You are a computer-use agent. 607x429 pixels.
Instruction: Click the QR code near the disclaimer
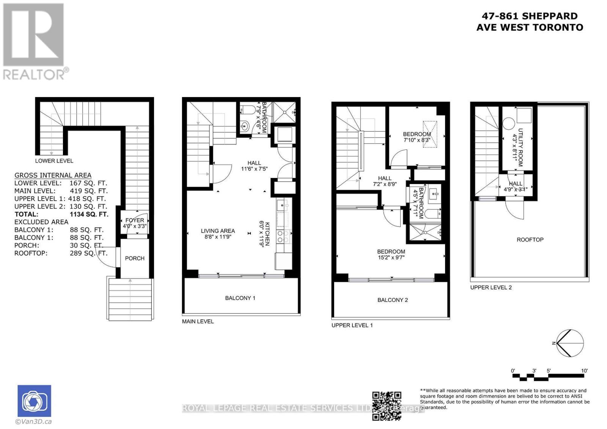[387, 406]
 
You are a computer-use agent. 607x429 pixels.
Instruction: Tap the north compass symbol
[570, 343]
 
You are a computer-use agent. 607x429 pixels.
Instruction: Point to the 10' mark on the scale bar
[584, 371]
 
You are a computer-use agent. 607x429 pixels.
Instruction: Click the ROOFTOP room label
[530, 240]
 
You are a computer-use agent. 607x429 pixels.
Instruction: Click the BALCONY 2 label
[392, 300]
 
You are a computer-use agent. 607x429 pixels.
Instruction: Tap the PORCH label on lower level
[135, 258]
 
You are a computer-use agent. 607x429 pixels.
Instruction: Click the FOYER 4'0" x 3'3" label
[135, 223]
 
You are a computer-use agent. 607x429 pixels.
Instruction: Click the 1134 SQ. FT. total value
[89, 214]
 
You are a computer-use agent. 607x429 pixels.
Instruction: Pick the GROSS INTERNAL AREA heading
[53, 175]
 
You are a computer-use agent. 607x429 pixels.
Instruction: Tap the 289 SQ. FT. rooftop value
[88, 253]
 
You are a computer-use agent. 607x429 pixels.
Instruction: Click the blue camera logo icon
[34, 401]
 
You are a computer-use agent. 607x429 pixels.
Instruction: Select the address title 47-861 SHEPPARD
[530, 16]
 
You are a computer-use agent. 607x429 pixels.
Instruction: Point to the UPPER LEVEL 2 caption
[491, 288]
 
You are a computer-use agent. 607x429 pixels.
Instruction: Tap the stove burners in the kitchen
[283, 237]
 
